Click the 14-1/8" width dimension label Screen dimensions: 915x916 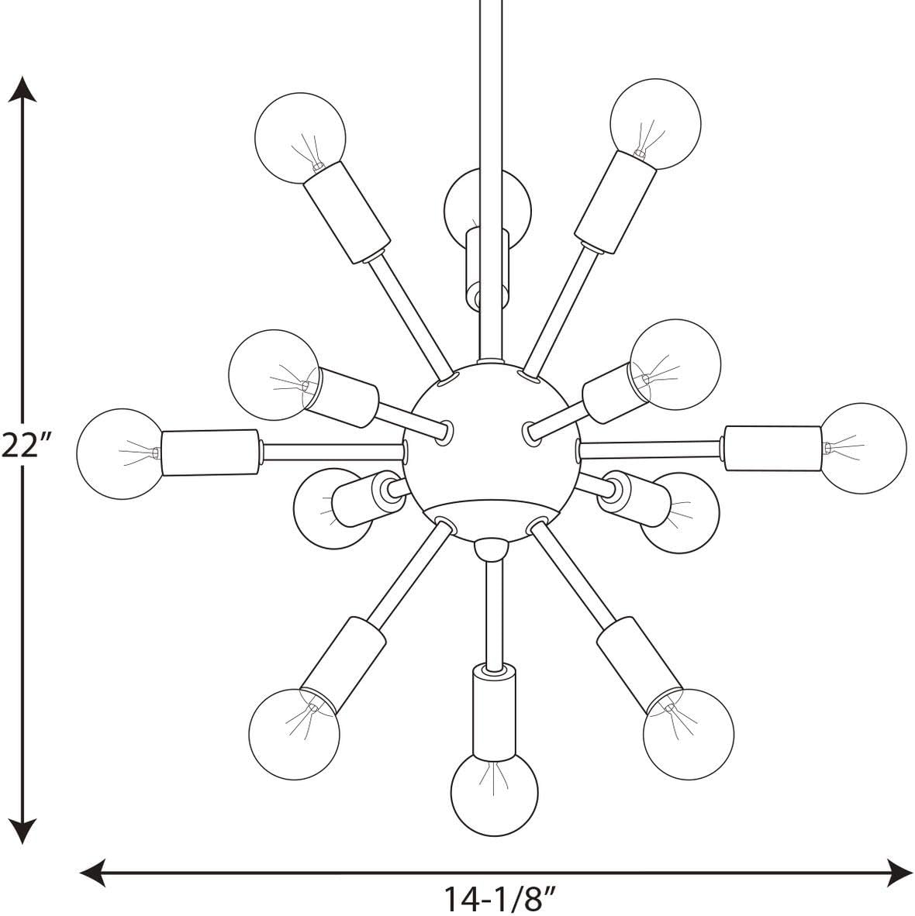(x=500, y=898)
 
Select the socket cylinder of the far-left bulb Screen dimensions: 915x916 (x=209, y=452)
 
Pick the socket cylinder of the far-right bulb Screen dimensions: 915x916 (x=772, y=448)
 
